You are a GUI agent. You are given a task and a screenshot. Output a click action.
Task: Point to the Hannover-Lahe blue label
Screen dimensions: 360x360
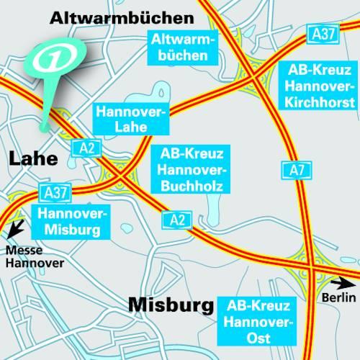[130, 120]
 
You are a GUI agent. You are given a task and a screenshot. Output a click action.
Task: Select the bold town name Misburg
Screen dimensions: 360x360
[171, 305]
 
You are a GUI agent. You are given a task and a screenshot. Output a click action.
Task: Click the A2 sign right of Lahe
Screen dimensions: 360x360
[87, 148]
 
